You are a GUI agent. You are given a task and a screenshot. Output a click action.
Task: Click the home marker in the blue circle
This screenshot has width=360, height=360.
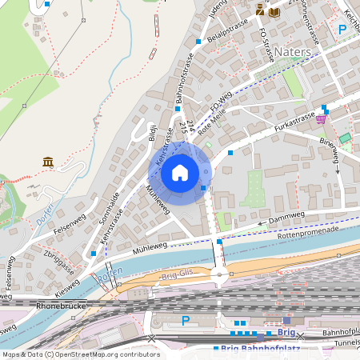pos(180,173)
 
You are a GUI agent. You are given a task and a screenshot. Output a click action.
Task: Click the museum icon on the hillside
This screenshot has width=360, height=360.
pos(48,162)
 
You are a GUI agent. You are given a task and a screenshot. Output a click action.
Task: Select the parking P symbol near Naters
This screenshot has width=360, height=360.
pos(342,30)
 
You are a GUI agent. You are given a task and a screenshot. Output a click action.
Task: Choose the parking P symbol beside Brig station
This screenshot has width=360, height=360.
pos(186,320)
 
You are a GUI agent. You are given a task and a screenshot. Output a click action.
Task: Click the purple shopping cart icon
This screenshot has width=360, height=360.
pos(321,119)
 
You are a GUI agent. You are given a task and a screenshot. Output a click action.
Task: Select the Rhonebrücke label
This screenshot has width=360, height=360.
pos(61,306)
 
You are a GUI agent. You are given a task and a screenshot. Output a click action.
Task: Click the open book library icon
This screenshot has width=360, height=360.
pos(274,11)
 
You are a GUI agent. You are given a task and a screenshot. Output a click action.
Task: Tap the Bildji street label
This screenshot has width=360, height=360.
pos(154,132)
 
